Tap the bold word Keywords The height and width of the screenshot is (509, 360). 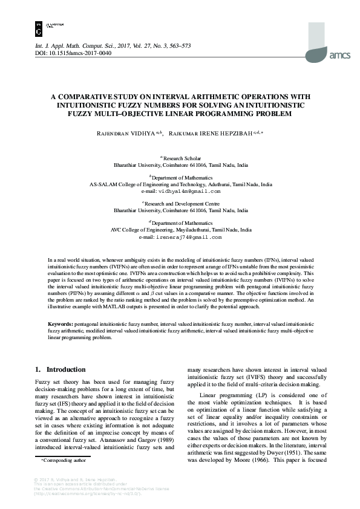(x=61, y=324)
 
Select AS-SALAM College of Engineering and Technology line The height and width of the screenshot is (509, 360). (x=180, y=184)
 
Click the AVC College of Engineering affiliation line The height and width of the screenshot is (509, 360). (x=180, y=230)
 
